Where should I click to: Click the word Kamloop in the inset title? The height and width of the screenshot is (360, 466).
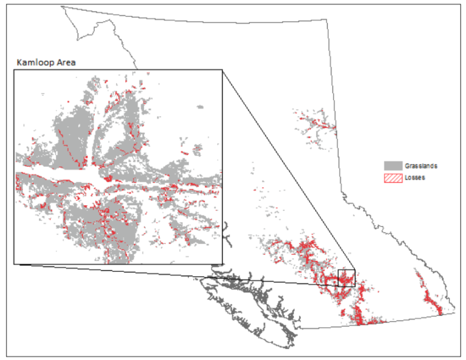click(33, 63)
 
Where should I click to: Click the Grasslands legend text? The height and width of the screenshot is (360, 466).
click(422, 166)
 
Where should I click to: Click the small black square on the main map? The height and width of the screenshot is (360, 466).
click(346, 277)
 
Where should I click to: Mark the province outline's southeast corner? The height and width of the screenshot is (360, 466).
click(454, 313)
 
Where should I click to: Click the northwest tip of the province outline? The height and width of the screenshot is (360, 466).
click(62, 7)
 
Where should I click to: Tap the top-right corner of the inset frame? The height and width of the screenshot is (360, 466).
click(223, 70)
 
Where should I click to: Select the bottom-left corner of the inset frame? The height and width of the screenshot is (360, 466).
click(14, 264)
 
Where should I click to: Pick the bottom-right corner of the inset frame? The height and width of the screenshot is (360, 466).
click(223, 264)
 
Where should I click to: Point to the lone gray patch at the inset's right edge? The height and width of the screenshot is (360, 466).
click(200, 107)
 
